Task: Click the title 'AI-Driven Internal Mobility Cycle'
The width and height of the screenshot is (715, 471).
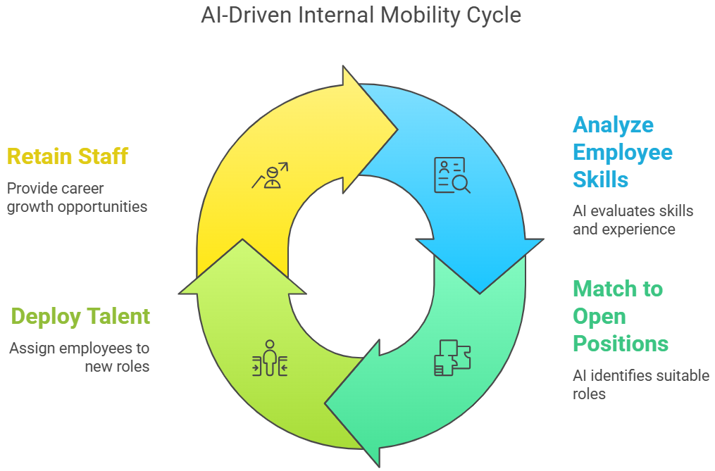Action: click(361, 15)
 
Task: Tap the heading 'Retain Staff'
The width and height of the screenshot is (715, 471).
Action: click(68, 156)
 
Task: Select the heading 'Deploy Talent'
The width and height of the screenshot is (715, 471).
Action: click(80, 317)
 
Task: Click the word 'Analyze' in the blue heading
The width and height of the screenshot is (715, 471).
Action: click(613, 125)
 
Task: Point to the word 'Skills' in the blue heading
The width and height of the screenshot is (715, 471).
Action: click(600, 180)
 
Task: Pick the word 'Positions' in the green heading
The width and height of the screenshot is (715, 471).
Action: click(620, 344)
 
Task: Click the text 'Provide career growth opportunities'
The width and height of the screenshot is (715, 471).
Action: click(77, 198)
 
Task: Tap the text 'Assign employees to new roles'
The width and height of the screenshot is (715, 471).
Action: click(79, 357)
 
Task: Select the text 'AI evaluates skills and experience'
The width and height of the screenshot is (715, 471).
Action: click(633, 220)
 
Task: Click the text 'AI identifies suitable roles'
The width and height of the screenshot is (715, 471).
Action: click(640, 384)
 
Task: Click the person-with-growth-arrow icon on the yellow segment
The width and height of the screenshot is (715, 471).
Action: click(269, 176)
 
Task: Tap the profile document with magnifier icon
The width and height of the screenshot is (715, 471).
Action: click(452, 175)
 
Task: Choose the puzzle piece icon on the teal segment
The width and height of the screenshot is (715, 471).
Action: click(452, 358)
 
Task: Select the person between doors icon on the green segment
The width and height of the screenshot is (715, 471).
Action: click(269, 358)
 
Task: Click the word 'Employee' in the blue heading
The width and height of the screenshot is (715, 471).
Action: click(622, 152)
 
